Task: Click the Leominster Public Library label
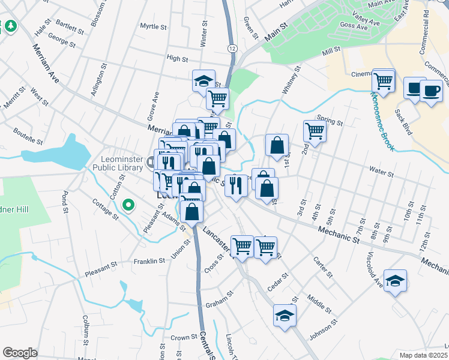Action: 124,163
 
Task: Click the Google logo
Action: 20,352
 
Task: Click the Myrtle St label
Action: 152,26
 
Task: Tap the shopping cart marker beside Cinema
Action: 384,80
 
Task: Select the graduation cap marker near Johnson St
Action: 285,315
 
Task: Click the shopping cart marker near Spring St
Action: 315,130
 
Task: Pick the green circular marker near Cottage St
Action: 127,205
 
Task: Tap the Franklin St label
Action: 149,261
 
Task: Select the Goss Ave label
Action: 352,26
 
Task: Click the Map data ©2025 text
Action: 424,355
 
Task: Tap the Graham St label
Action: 218,299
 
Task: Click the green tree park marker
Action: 10,26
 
